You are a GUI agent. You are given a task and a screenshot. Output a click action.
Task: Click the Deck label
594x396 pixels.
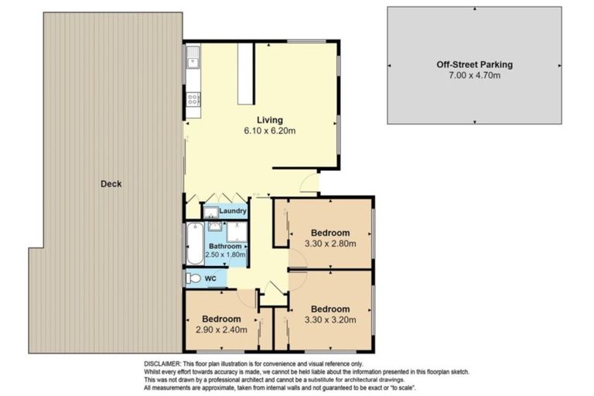(111, 184)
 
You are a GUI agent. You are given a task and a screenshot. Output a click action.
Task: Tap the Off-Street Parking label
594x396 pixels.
(474, 65)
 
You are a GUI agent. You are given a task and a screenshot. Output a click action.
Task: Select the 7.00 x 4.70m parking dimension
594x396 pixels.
(474, 76)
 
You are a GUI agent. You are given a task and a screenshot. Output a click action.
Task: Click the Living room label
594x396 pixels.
(270, 120)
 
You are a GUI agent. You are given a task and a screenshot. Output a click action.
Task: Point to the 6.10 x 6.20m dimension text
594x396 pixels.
(270, 131)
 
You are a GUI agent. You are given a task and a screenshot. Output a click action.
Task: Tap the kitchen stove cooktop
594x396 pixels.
(193, 98)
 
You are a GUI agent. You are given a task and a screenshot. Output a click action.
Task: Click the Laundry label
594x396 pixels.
(232, 211)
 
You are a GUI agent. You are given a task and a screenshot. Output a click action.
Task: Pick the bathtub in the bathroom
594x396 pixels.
(193, 244)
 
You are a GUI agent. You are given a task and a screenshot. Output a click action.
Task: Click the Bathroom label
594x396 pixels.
(224, 247)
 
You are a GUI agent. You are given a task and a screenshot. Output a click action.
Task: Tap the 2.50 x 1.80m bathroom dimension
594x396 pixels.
(225, 255)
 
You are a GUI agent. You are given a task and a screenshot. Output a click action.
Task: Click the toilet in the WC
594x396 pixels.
(194, 278)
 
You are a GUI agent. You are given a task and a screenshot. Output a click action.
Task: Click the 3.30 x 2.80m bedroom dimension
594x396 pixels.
(330, 244)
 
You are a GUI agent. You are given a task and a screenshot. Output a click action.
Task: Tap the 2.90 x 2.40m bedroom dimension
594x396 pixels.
(221, 329)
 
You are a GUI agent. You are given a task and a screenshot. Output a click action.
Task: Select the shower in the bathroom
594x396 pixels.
(238, 231)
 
